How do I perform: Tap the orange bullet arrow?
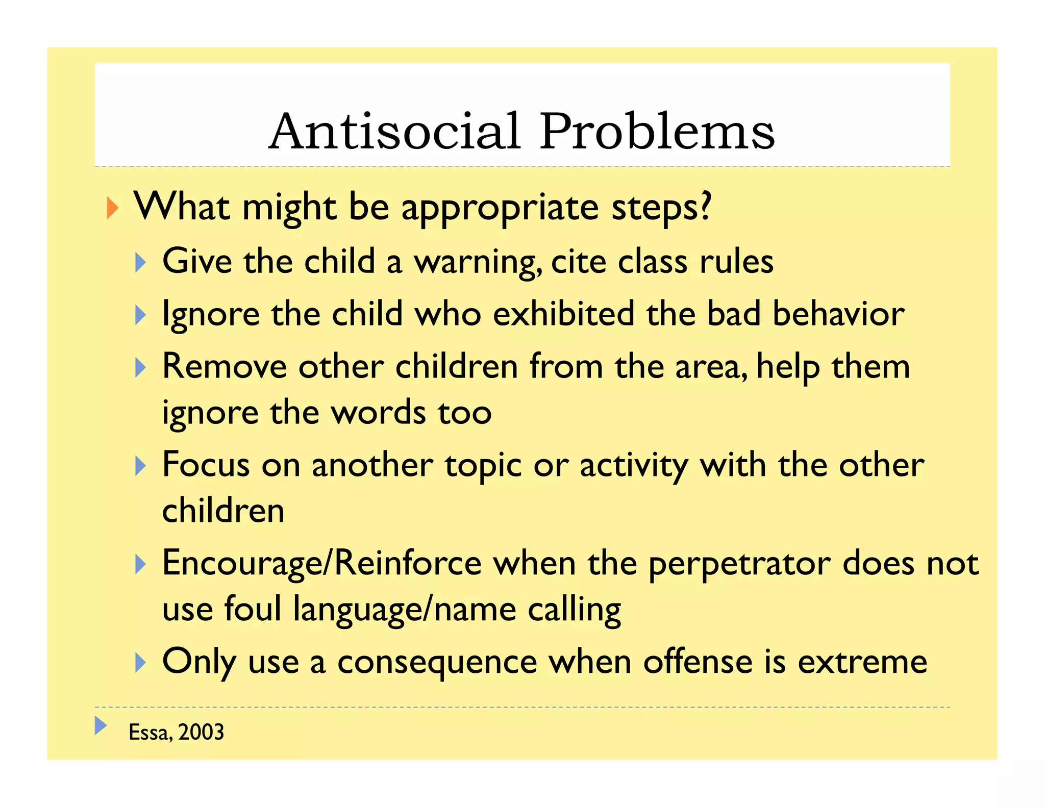(112, 208)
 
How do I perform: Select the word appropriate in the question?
(500, 209)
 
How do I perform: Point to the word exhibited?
(563, 314)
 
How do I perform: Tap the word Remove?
(225, 366)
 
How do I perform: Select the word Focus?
(206, 465)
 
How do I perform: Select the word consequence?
(437, 662)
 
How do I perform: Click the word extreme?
(862, 662)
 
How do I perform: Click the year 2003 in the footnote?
(201, 732)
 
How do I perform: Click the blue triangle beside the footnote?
(101, 725)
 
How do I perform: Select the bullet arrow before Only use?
(140, 663)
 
